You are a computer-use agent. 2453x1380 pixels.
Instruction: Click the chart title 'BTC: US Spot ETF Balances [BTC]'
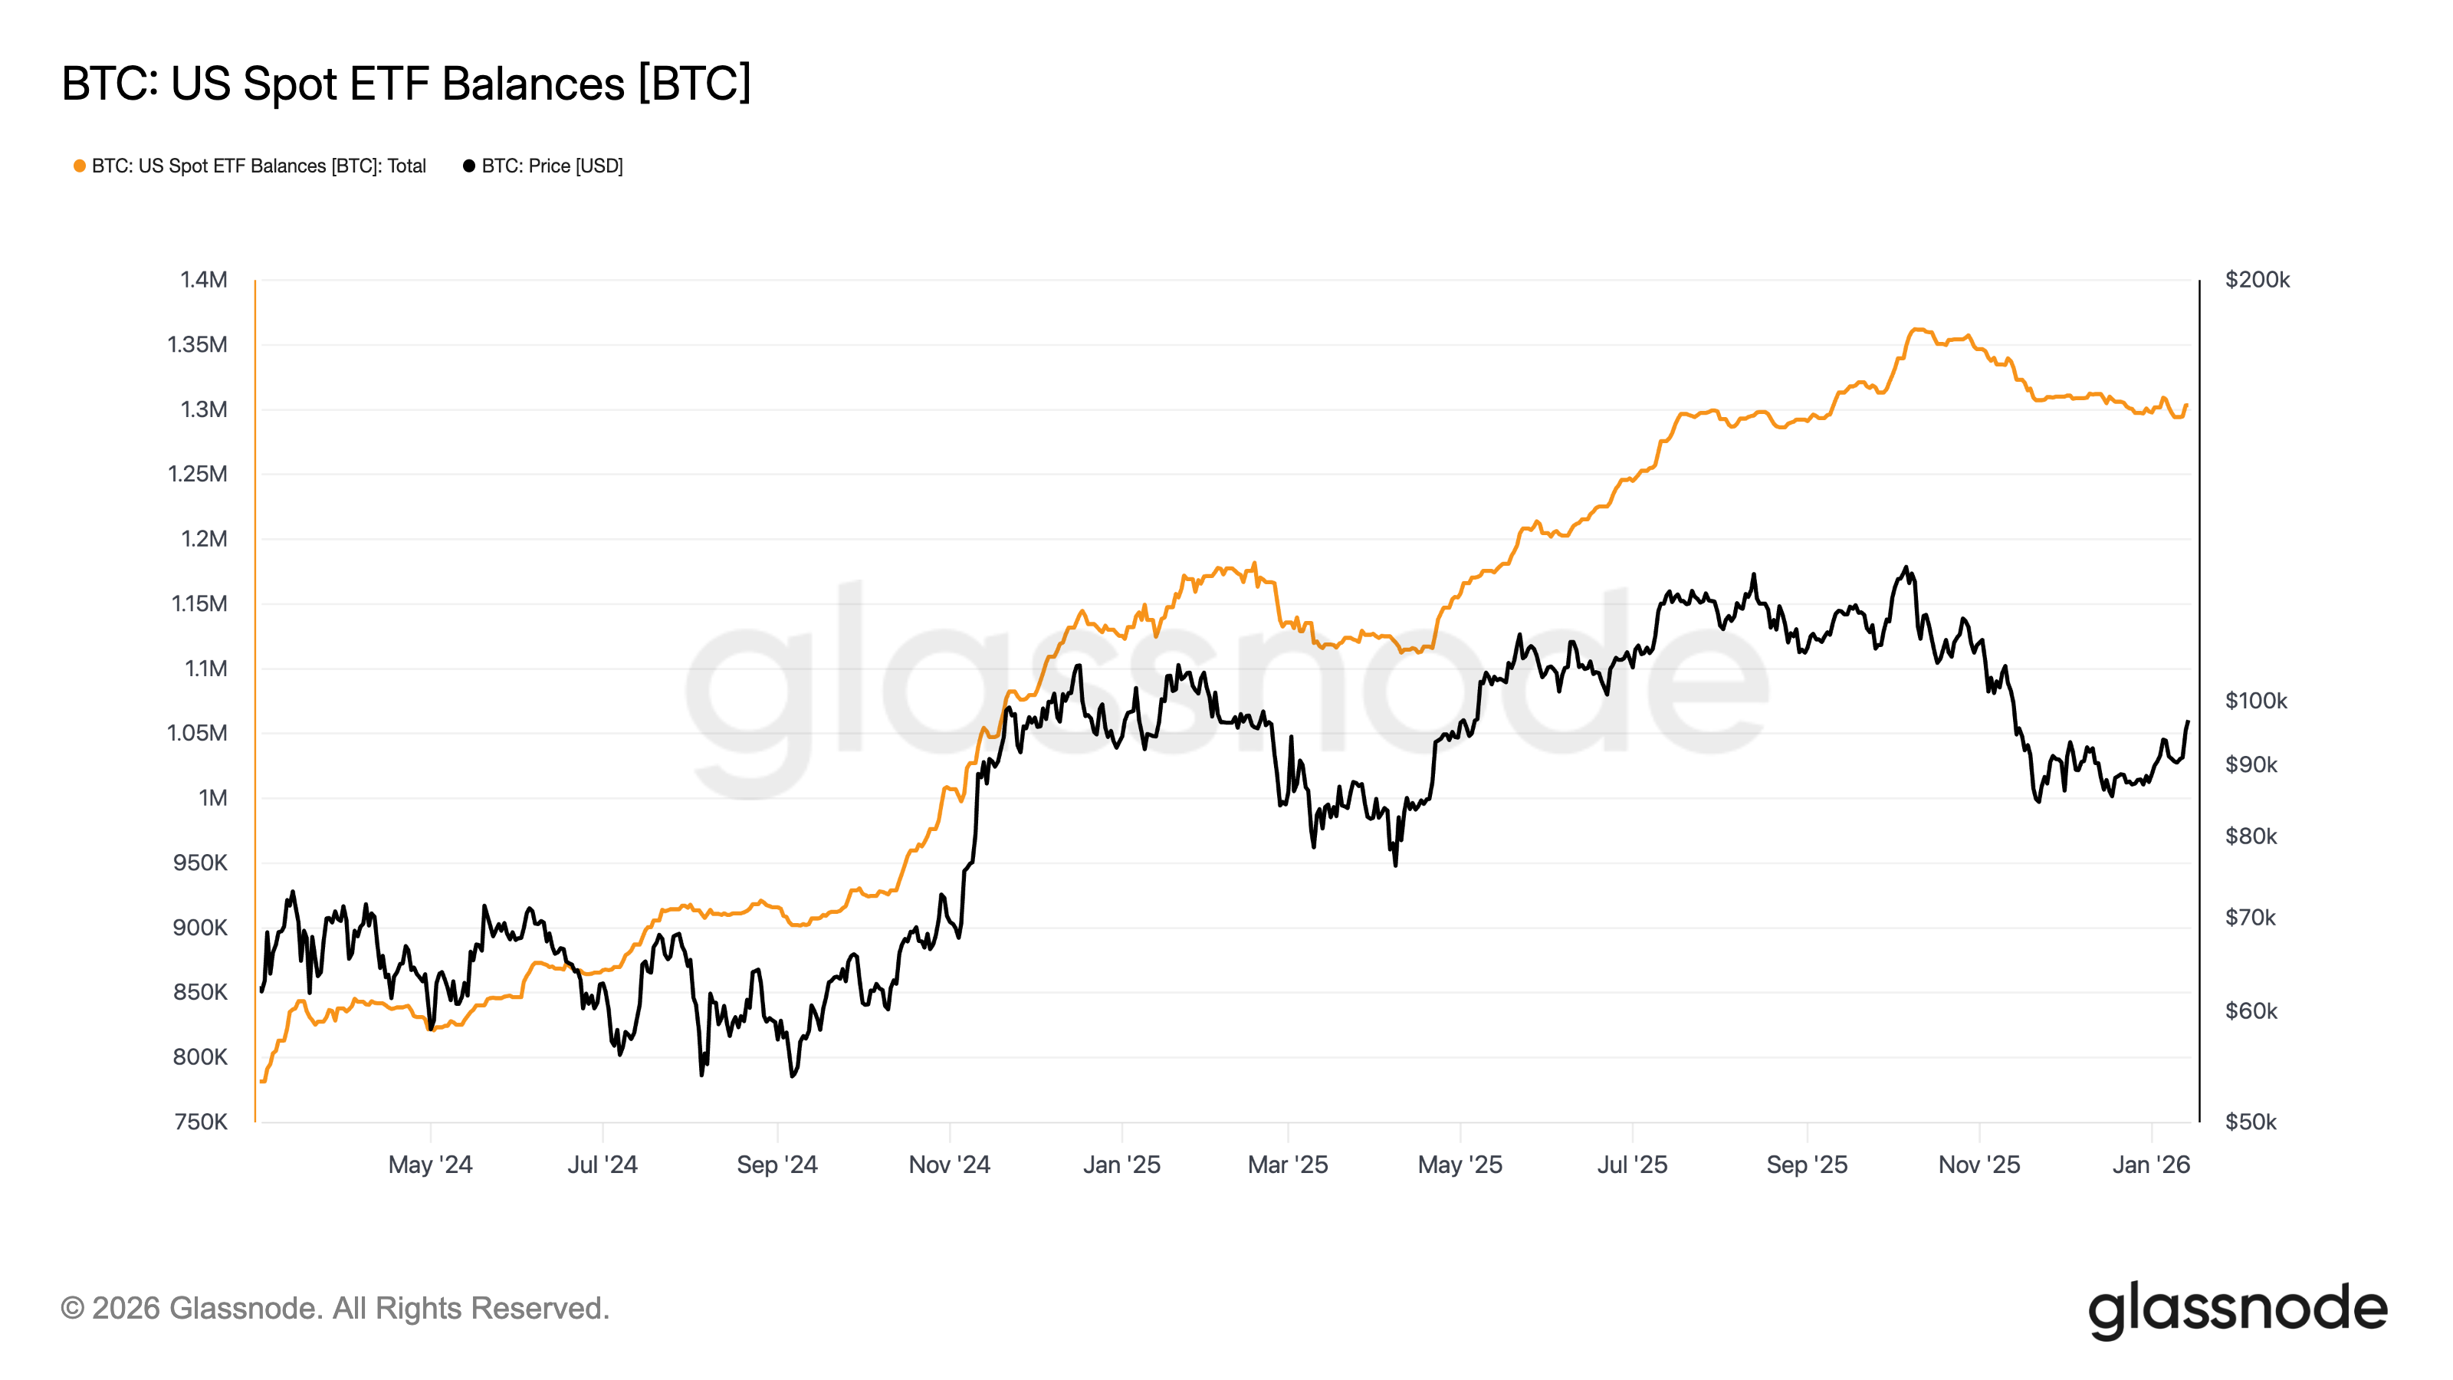pyautogui.click(x=406, y=84)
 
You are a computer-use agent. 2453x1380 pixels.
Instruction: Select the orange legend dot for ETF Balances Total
pyautogui.click(x=80, y=166)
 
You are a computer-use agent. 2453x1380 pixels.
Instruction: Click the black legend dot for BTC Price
pyautogui.click(x=468, y=166)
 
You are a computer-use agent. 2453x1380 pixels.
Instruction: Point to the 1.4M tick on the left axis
pyautogui.click(x=204, y=280)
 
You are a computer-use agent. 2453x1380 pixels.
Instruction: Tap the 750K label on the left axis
pyautogui.click(x=201, y=1122)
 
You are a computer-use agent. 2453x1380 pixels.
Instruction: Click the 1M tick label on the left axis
pyautogui.click(x=212, y=798)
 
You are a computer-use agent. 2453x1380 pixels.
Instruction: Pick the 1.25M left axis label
pyautogui.click(x=198, y=475)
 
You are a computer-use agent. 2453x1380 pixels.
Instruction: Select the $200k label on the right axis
pyautogui.click(x=2257, y=280)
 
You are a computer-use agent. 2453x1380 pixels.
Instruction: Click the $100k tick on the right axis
pyautogui.click(x=2256, y=701)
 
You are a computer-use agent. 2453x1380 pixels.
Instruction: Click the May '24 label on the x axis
pyautogui.click(x=430, y=1165)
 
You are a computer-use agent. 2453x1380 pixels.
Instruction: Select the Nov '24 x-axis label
pyautogui.click(x=950, y=1165)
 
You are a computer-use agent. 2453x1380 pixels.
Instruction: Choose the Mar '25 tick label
pyautogui.click(x=1288, y=1165)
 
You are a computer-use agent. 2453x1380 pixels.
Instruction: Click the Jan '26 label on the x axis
pyautogui.click(x=2151, y=1165)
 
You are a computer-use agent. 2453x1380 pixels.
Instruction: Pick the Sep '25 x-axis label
pyautogui.click(x=1807, y=1165)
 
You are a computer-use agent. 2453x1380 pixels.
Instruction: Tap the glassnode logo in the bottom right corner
pyautogui.click(x=2238, y=1309)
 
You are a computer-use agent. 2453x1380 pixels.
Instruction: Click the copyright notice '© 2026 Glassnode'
pyautogui.click(x=334, y=1309)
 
